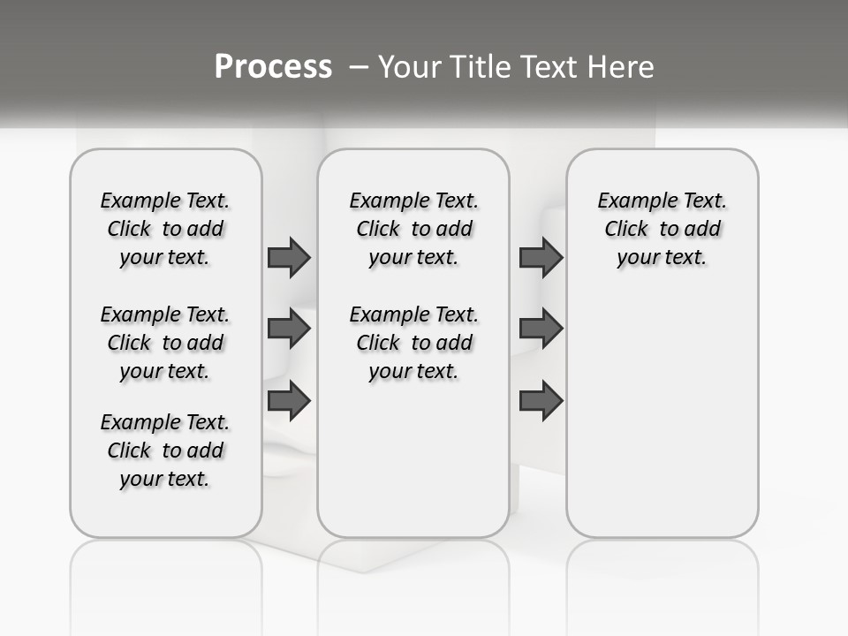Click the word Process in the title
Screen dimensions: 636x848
click(x=273, y=67)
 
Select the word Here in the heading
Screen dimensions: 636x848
click(x=622, y=67)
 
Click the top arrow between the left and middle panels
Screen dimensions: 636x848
click(x=289, y=257)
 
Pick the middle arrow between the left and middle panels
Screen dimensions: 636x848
click(x=289, y=329)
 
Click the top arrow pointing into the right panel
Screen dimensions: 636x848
click(x=541, y=257)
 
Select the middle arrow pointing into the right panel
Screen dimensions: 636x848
click(x=541, y=329)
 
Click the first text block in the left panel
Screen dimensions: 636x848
click(x=165, y=229)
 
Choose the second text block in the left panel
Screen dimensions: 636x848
click(x=165, y=343)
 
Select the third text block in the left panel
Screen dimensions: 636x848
click(x=165, y=450)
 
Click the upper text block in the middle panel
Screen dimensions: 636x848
click(x=413, y=229)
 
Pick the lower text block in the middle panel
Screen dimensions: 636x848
click(x=413, y=343)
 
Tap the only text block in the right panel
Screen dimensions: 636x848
click(x=662, y=229)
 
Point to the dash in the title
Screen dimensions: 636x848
click(x=359, y=67)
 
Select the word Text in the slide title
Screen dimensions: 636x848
click(x=553, y=67)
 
